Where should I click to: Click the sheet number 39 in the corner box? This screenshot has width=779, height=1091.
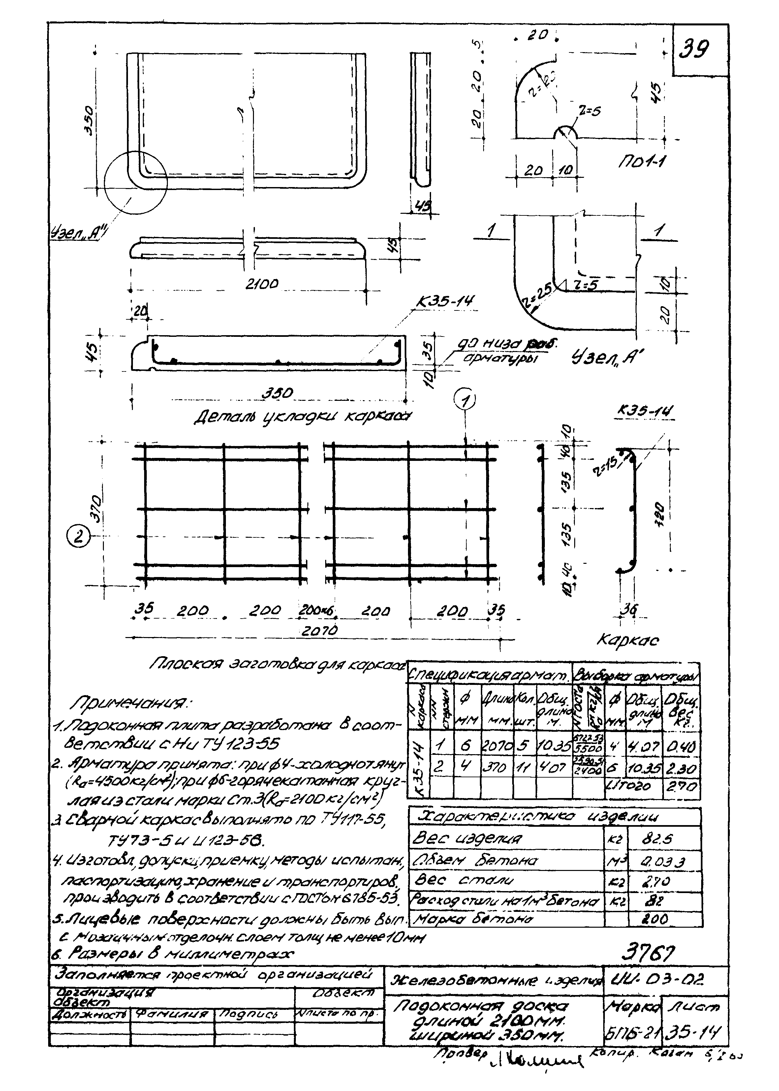point(694,48)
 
